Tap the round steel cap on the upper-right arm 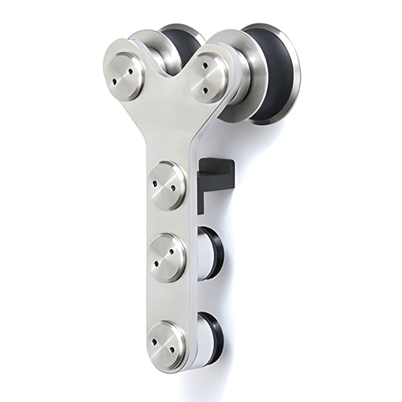[x=209, y=77]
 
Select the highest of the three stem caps [x=167, y=185]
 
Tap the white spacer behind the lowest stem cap [x=202, y=339]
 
